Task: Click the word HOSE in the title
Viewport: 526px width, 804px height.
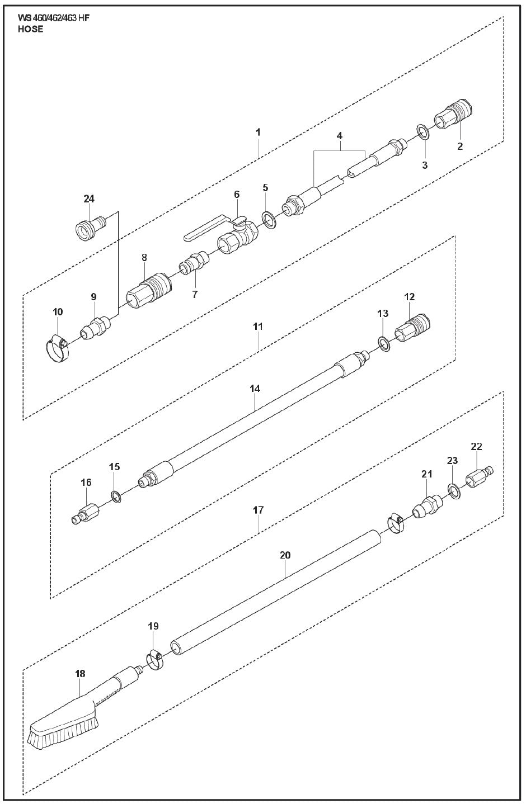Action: click(30, 29)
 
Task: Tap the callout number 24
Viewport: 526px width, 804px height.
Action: click(90, 198)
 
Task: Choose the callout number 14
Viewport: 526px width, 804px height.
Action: click(255, 388)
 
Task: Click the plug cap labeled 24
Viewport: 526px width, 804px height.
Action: click(90, 227)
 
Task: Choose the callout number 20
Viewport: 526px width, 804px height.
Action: click(285, 555)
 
